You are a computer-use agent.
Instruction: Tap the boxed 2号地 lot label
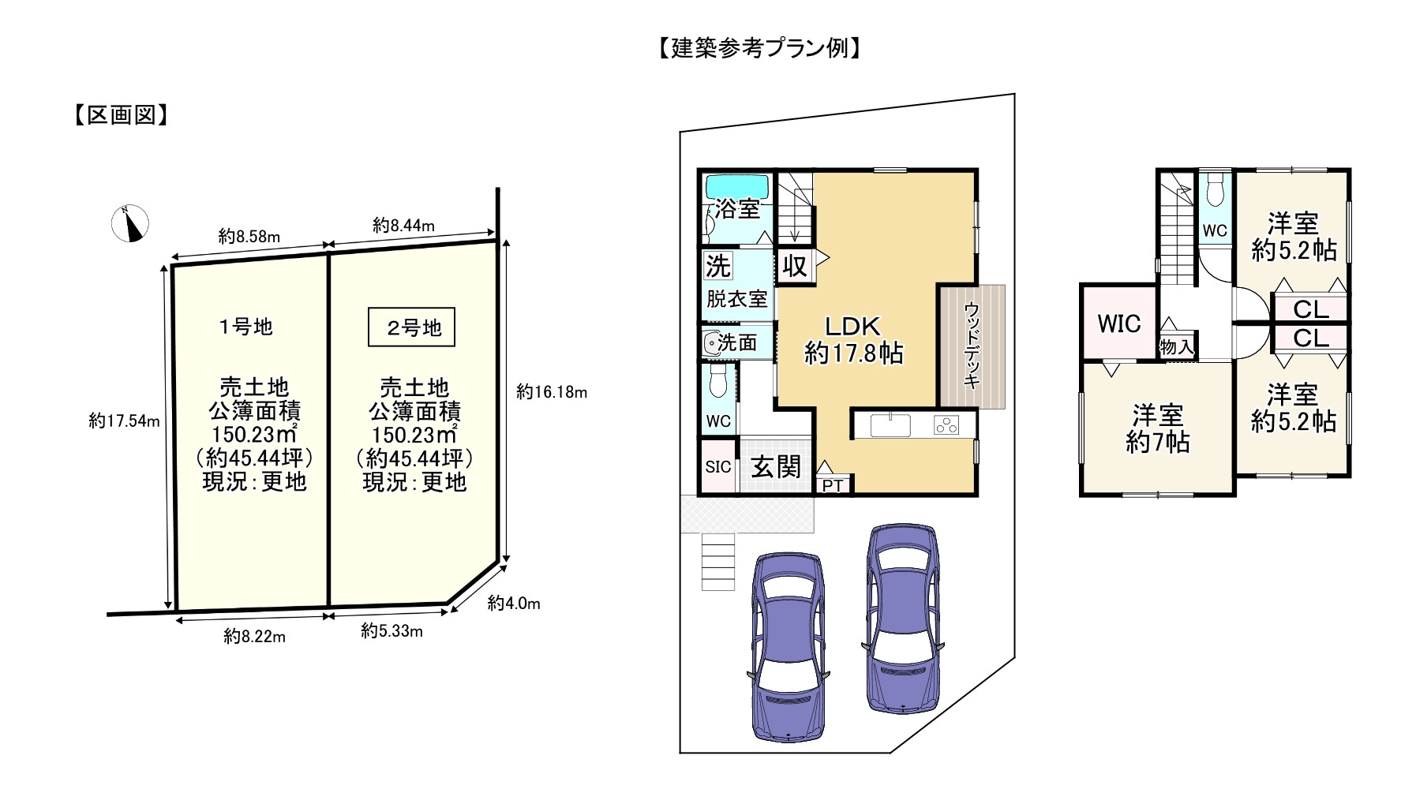411,327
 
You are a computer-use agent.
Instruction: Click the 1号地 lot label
245,326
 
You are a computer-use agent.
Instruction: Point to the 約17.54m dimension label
124,421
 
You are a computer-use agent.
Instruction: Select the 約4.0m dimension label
514,604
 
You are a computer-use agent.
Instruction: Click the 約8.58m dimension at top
249,236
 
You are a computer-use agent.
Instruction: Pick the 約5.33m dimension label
391,631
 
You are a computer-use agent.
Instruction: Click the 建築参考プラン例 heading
758,49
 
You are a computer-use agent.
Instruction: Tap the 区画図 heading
120,116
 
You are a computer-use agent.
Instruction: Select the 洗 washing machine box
717,266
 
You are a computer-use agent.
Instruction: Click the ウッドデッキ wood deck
972,346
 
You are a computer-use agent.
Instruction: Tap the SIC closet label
718,466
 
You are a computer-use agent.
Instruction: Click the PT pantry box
833,485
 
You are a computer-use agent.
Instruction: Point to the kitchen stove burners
945,425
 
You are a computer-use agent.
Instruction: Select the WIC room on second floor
1118,323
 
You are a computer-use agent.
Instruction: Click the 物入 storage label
1176,346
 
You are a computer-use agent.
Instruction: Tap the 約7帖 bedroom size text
1158,443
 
